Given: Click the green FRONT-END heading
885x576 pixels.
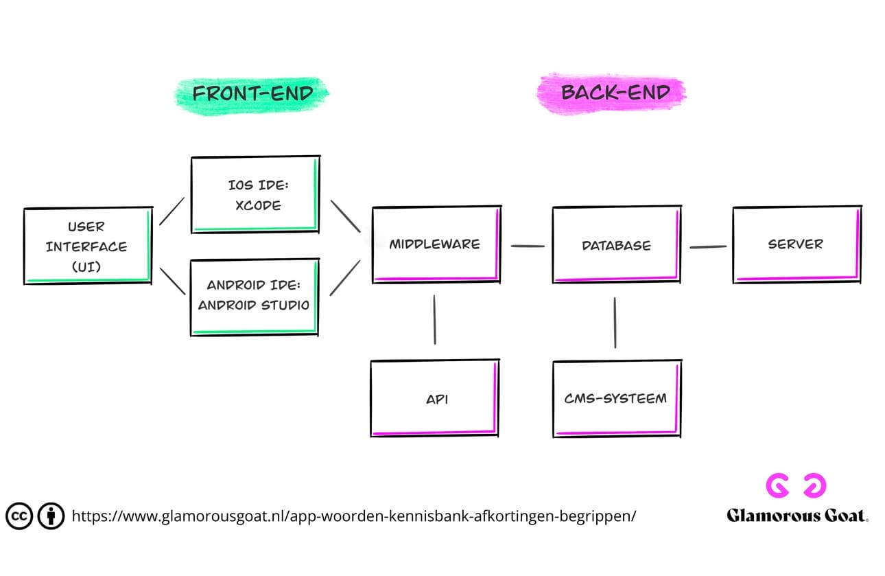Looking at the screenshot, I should [x=252, y=93].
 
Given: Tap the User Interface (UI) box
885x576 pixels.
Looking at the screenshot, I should [x=87, y=246].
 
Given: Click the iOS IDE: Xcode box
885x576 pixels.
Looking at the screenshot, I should [x=255, y=195].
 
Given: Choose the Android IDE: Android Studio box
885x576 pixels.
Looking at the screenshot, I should [x=255, y=297].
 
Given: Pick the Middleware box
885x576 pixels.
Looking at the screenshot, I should [x=435, y=244].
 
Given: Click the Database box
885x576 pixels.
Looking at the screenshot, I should [x=616, y=245].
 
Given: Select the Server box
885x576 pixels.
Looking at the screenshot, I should [x=796, y=244].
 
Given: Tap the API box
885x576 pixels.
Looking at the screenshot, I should [x=435, y=398].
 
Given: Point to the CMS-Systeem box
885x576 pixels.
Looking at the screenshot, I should [x=616, y=398].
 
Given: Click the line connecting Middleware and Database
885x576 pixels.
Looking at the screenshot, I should [x=527, y=245].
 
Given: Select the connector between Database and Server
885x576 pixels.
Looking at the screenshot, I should [x=707, y=246].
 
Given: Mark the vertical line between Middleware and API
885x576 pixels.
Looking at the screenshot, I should [x=435, y=319].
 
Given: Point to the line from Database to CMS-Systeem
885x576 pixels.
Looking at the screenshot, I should [x=615, y=322].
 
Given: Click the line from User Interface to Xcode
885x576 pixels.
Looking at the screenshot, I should [x=172, y=211].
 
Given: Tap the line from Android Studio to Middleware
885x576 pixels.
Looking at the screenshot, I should [x=345, y=278].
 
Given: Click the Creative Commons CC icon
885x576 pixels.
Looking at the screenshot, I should [x=19, y=516].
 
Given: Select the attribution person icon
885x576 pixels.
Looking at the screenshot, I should [x=51, y=516].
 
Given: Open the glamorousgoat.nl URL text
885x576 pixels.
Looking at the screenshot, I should [x=353, y=516].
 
